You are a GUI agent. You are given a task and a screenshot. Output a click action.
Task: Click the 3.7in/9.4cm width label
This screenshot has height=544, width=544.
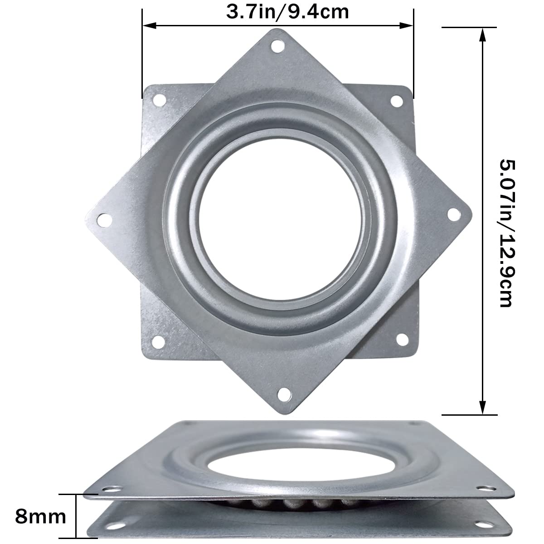coord(287,11)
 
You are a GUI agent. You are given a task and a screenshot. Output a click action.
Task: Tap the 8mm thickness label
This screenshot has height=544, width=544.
coord(40,517)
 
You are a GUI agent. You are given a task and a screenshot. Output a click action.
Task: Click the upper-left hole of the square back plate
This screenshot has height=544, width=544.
coord(159,99)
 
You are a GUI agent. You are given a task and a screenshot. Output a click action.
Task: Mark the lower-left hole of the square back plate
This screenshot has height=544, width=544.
coord(158,341)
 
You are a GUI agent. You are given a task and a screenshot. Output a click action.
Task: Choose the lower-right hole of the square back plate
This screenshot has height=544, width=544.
coord(401,339)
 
